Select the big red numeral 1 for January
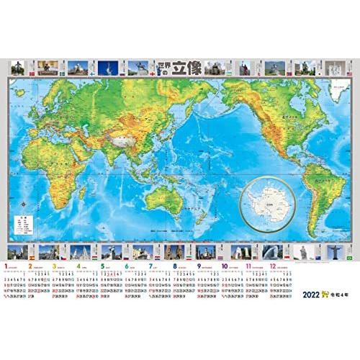(7, 265)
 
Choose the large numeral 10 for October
(225, 265)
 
